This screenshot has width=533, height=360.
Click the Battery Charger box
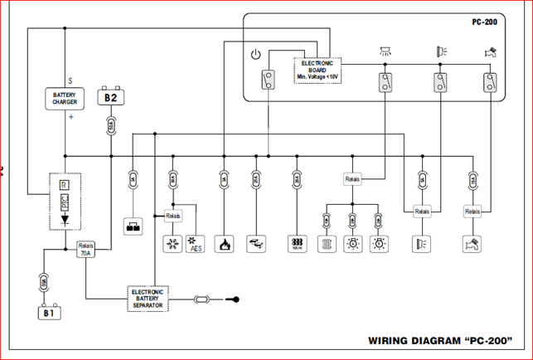point(65,99)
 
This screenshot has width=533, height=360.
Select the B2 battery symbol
point(111,98)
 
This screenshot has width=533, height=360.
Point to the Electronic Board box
point(317,70)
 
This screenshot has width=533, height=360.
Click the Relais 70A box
point(85,250)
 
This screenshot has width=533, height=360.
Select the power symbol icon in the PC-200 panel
point(256,56)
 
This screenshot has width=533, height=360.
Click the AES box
point(196,246)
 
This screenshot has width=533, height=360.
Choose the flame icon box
point(223,245)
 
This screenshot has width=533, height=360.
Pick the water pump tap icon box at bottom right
point(472,245)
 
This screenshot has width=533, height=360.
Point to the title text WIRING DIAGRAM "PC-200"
point(439,341)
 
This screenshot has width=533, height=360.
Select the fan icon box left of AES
point(172,245)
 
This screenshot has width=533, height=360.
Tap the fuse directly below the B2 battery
point(111,126)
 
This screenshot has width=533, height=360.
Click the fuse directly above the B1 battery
point(46,284)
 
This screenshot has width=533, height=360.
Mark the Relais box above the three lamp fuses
point(353,179)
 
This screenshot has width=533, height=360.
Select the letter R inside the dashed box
point(65,184)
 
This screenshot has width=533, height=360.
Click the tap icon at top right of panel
point(490,52)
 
